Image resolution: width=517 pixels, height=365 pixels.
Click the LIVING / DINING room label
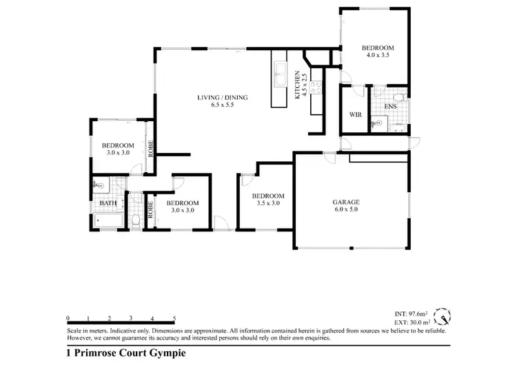pos(222,98)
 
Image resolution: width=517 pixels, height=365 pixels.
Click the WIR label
pos(356,114)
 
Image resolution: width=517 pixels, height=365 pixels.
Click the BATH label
pos(108,204)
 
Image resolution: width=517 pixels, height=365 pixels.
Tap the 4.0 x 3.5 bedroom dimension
pos(377,56)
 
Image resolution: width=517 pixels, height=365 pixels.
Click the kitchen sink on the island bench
pos(281,73)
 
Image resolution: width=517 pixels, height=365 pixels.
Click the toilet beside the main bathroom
pos(136,220)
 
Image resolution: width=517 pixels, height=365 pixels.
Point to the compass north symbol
pos(444,317)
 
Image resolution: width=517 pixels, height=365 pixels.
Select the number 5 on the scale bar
pos(175,318)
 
